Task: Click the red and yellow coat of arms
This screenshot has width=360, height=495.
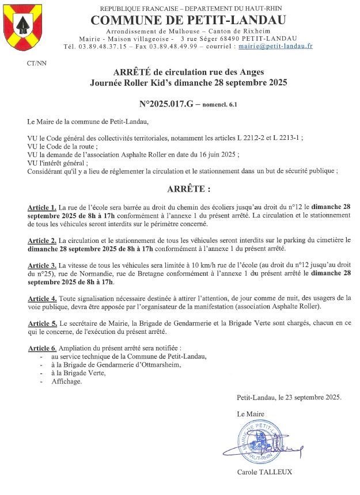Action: pyautogui.click(x=23, y=27)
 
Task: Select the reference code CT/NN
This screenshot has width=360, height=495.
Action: pyautogui.click(x=37, y=63)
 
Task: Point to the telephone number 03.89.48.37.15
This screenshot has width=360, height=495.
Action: pyautogui.click(x=96, y=46)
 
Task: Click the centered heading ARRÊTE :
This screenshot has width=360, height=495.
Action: pyautogui.click(x=188, y=189)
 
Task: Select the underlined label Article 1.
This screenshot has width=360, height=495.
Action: pyautogui.click(x=41, y=207)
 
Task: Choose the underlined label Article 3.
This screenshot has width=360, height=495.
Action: pyautogui.click(x=41, y=265)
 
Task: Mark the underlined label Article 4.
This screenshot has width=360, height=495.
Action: pyautogui.click(x=41, y=298)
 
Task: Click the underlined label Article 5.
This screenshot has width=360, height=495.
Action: pyautogui.click(x=41, y=323)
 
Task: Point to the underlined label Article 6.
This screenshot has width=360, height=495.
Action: pyautogui.click(x=41, y=348)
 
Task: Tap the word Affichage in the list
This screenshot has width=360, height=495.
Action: pyautogui.click(x=66, y=381)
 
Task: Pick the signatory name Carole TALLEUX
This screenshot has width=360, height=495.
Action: pyautogui.click(x=264, y=472)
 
